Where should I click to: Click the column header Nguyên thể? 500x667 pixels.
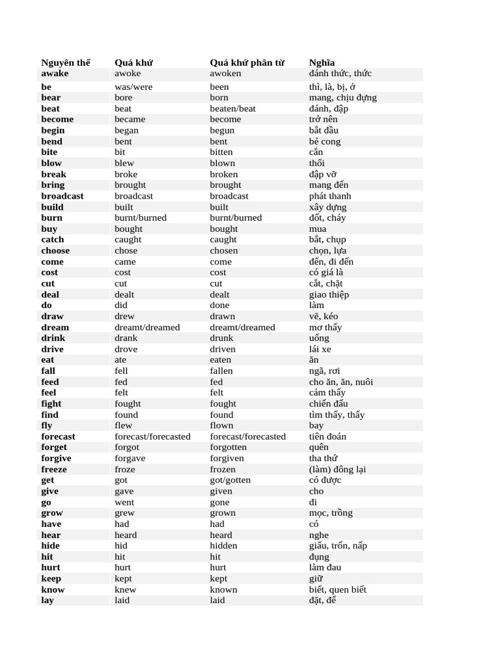[x=66, y=63]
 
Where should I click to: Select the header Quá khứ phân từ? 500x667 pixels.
[x=247, y=63]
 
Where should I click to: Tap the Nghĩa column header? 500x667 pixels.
[x=322, y=63]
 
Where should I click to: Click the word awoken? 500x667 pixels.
[x=225, y=74]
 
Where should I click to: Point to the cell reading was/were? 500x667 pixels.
[x=133, y=87]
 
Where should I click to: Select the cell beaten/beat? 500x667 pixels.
[x=232, y=109]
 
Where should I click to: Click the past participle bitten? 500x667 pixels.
[x=221, y=152]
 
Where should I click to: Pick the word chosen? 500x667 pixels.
[x=223, y=251]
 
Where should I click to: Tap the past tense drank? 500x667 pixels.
[x=126, y=338]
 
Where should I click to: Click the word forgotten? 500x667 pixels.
[x=228, y=447]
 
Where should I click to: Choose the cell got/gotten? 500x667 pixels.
[x=230, y=480]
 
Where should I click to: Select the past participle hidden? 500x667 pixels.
[x=223, y=546]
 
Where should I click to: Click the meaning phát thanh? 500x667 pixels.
[x=329, y=196]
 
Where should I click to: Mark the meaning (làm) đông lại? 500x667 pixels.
[x=337, y=470]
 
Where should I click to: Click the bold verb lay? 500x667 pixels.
[x=48, y=601]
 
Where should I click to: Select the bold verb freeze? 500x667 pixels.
[x=54, y=470]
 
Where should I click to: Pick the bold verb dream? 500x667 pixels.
[x=55, y=328]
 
